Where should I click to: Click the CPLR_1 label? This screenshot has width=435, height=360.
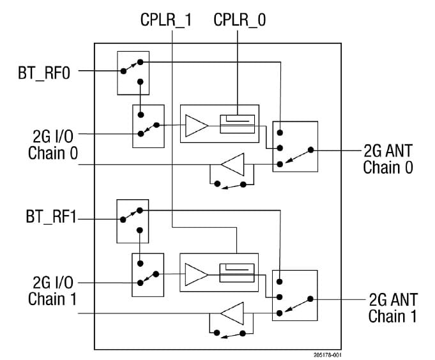[165, 20]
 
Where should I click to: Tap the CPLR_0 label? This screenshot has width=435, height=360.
[240, 20]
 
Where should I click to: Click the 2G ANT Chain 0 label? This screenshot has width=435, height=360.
[388, 159]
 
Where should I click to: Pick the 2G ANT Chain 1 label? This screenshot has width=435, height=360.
[393, 307]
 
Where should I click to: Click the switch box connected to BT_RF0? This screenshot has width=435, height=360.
[133, 73]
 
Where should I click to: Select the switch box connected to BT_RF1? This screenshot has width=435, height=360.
[132, 221]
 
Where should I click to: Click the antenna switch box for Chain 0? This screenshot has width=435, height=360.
[294, 146]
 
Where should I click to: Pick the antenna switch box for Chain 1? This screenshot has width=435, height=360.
[294, 294]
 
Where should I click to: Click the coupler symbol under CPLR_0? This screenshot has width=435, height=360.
[237, 123]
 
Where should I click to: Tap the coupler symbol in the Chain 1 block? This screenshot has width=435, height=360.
[237, 273]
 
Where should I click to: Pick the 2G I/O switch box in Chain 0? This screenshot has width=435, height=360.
[148, 126]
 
